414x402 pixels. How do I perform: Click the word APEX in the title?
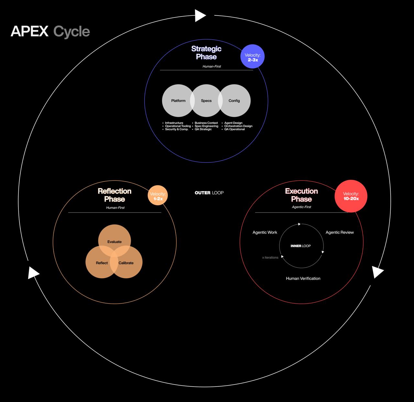click(x=29, y=32)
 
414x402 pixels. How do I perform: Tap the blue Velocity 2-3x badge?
click(x=253, y=57)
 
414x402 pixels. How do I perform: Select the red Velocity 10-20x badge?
click(x=351, y=196)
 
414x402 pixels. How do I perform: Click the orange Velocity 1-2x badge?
click(x=158, y=195)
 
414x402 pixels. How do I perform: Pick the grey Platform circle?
click(x=176, y=101)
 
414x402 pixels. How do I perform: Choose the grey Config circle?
click(x=235, y=101)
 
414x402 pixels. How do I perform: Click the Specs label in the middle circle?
click(x=206, y=101)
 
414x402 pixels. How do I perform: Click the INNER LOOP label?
click(x=300, y=246)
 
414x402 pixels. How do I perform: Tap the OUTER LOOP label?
click(x=209, y=193)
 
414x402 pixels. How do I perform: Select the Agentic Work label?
click(x=265, y=232)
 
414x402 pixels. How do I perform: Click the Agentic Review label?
click(x=340, y=232)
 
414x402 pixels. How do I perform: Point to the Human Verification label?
click(x=303, y=278)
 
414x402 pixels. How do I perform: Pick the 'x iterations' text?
click(x=270, y=258)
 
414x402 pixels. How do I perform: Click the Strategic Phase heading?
click(x=206, y=53)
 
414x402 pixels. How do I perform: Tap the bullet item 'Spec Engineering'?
click(x=206, y=126)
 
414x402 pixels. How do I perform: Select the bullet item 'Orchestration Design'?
click(x=238, y=126)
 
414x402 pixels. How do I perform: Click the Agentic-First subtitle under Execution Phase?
click(x=301, y=207)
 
